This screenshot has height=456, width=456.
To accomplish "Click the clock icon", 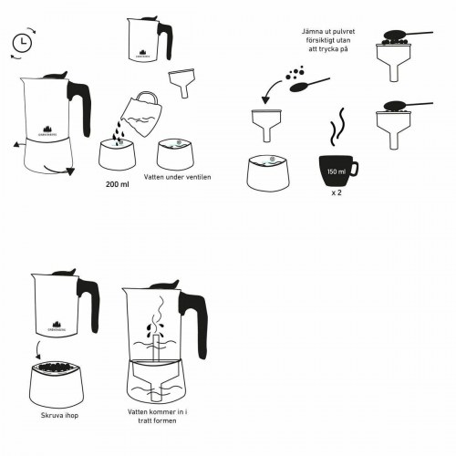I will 22,41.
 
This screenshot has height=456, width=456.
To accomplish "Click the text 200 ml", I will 117,183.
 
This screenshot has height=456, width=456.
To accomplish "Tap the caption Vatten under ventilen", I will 178,176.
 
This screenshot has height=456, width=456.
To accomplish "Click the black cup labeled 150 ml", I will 336,170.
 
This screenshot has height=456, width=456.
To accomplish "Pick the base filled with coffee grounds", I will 58,382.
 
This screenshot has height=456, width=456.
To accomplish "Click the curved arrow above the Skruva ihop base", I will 37,351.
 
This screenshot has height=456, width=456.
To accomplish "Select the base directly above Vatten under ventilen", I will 177,152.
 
